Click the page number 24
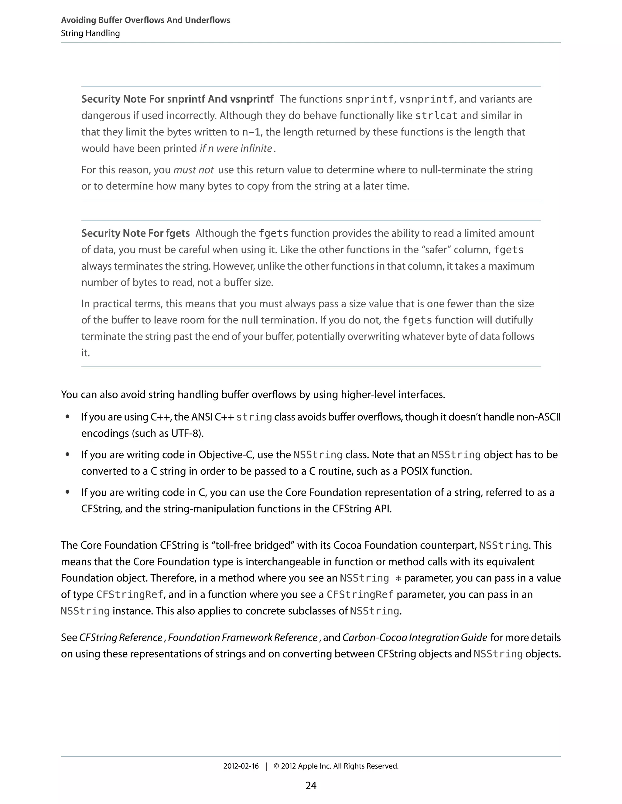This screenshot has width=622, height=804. coord(311,785)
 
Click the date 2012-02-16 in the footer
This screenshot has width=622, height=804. coord(241,766)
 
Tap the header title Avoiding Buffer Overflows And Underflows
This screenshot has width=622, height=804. coord(145,20)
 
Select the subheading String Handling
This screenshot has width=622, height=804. coord(90,33)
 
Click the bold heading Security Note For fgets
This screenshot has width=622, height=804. coord(135,233)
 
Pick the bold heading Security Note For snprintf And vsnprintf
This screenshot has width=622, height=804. coord(177,99)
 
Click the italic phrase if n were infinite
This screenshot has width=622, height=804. coord(235,148)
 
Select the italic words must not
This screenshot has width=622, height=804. coord(193,170)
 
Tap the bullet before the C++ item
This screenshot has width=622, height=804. coord(67,417)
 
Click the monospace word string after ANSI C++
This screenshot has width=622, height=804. coord(254,417)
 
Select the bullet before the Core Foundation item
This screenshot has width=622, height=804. coord(67,492)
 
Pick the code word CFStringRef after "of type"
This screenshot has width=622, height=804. coord(130,595)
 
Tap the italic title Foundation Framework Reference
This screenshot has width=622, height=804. coord(242,638)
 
